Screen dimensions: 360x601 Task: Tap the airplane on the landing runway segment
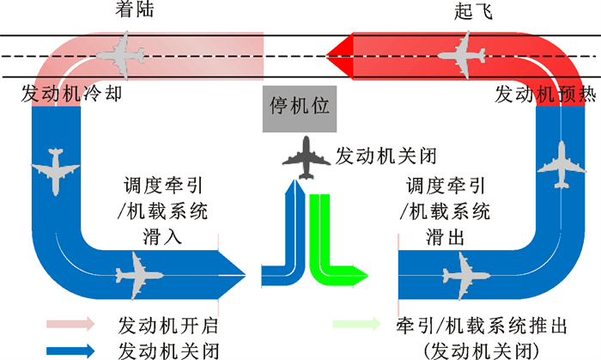(119, 52)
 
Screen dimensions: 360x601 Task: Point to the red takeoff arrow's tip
(331, 53)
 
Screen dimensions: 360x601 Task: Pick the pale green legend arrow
(355, 325)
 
